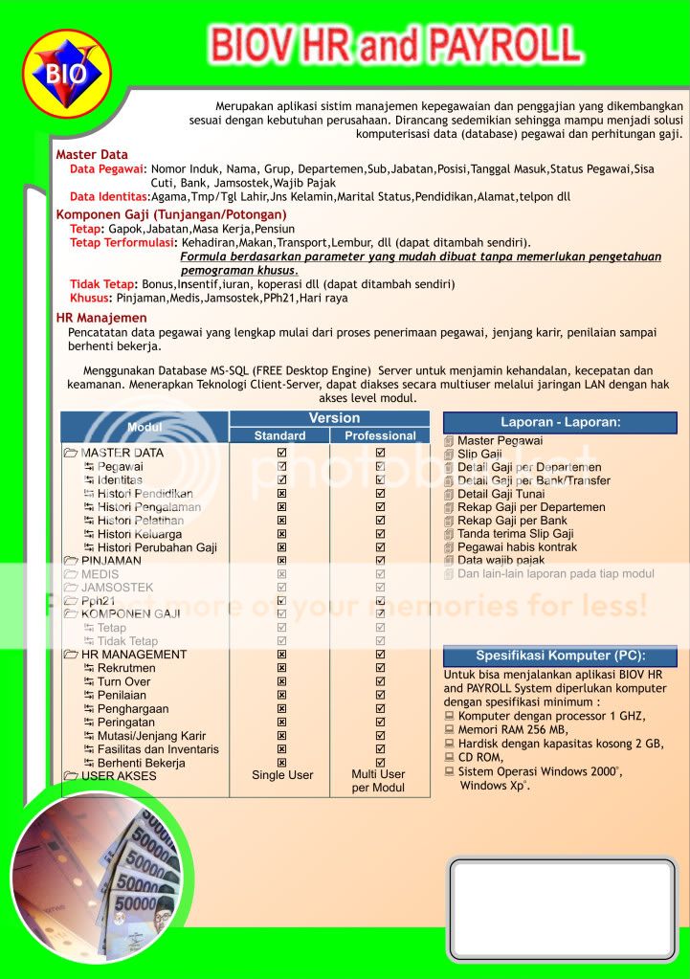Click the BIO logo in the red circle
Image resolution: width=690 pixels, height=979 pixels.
click(x=66, y=73)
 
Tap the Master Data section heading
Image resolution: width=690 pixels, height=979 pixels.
click(x=92, y=154)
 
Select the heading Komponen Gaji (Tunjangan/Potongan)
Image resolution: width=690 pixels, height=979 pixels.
click(x=171, y=214)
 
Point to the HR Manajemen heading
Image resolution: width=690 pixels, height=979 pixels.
click(x=101, y=318)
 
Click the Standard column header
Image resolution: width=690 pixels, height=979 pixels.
click(x=279, y=435)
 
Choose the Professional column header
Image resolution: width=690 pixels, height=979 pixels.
click(x=380, y=435)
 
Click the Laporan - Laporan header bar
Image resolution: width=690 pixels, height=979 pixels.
click(x=560, y=422)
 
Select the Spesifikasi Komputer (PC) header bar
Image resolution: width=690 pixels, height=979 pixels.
click(x=560, y=656)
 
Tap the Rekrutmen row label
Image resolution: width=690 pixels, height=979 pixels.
click(x=125, y=668)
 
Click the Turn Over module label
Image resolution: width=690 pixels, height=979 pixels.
click(x=123, y=681)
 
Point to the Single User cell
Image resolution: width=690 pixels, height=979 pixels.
click(x=282, y=775)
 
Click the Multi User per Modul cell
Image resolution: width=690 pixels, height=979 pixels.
click(x=378, y=781)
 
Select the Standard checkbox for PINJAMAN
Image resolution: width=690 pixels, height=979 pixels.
click(x=282, y=561)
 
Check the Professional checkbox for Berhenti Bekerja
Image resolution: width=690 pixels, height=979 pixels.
click(x=380, y=763)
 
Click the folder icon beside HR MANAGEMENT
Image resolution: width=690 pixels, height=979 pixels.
click(x=71, y=655)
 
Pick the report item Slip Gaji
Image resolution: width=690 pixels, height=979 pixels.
click(x=479, y=455)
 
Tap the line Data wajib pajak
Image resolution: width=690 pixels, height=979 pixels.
click(x=501, y=561)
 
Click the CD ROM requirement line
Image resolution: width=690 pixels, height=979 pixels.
click(x=479, y=757)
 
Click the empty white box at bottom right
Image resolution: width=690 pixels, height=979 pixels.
click(x=562, y=908)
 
